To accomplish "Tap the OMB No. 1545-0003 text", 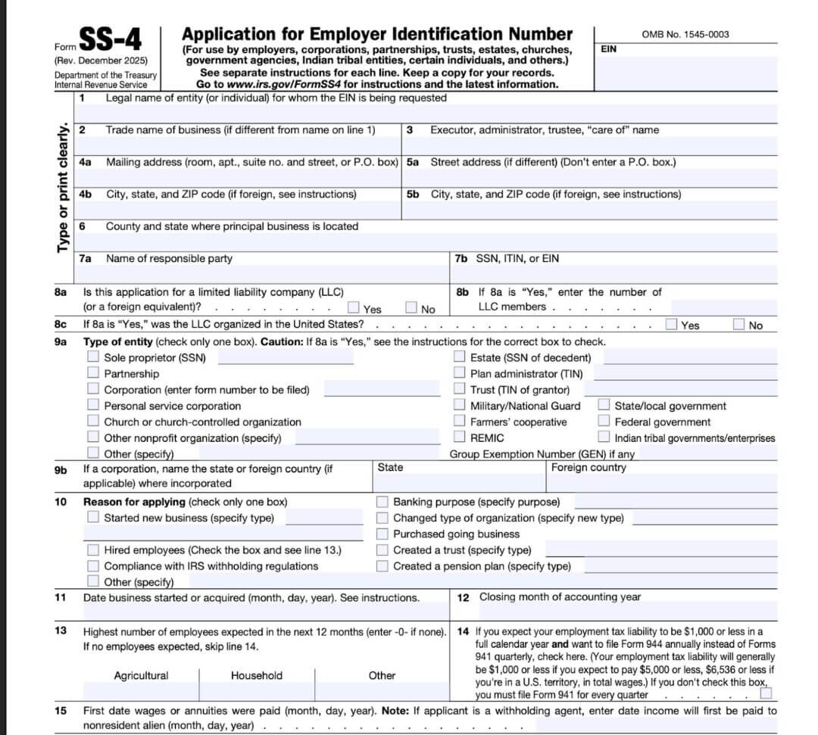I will point(685,34).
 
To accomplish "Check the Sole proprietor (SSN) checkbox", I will point(93,357).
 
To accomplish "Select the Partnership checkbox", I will point(93,373).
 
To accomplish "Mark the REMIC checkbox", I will point(460,437).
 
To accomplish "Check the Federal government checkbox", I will point(604,422).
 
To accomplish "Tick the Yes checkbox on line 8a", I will point(354,307).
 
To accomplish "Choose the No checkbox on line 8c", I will point(739,325).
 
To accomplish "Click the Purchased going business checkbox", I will point(382,534).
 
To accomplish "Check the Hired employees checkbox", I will point(93,550).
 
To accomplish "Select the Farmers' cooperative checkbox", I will point(460,421).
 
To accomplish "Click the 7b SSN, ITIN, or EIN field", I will point(613,274).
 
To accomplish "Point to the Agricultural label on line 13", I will point(141,675).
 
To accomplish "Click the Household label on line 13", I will point(257,675).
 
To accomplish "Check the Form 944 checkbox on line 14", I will point(766,693).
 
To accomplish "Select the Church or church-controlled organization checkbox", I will point(93,421).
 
